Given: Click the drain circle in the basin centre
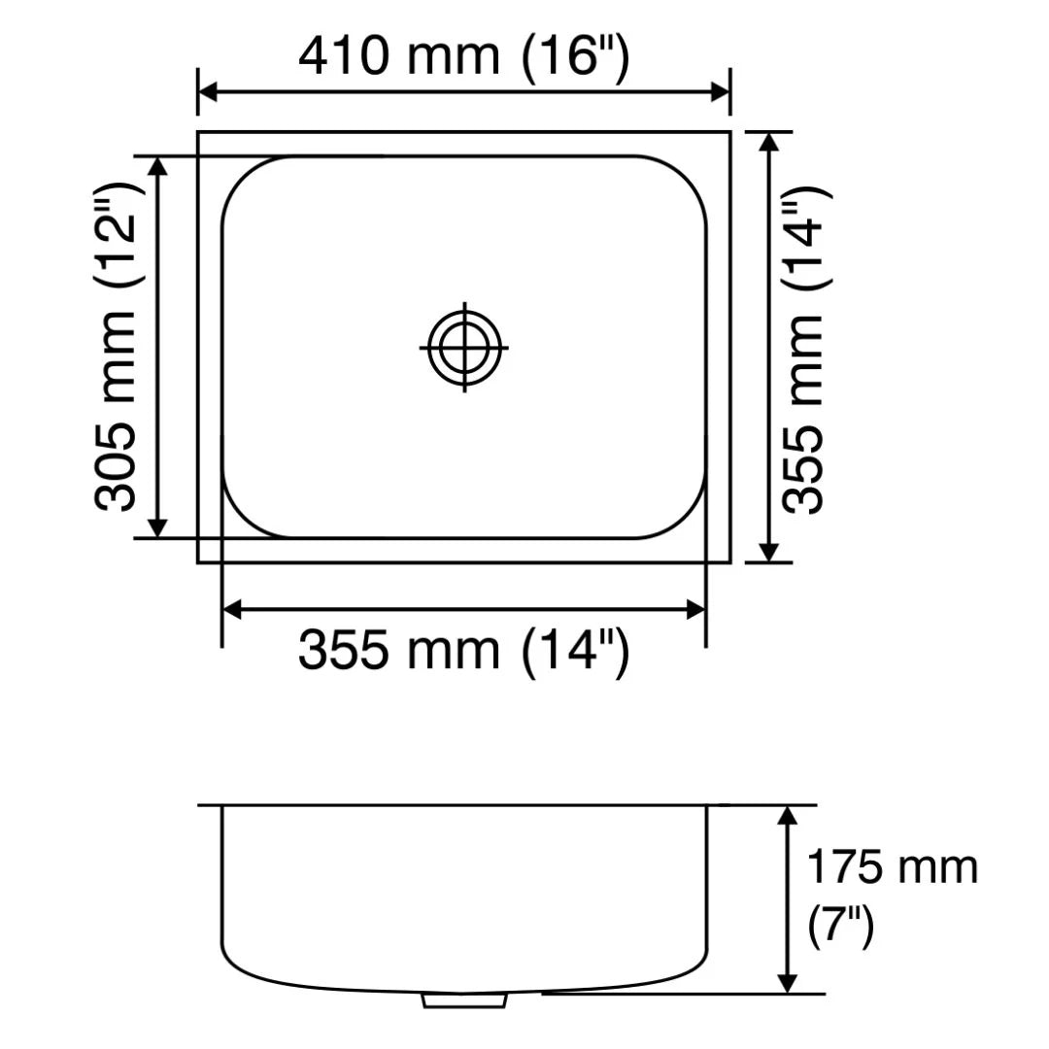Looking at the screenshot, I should click(x=464, y=347).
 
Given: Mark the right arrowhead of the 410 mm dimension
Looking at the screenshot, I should click(x=720, y=92).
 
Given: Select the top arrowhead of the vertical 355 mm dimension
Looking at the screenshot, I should click(x=768, y=142).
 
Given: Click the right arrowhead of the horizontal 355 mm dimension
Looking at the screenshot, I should click(x=695, y=610).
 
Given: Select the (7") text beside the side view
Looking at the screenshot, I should click(x=841, y=927).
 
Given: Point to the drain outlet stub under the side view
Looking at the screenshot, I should click(x=465, y=999).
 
